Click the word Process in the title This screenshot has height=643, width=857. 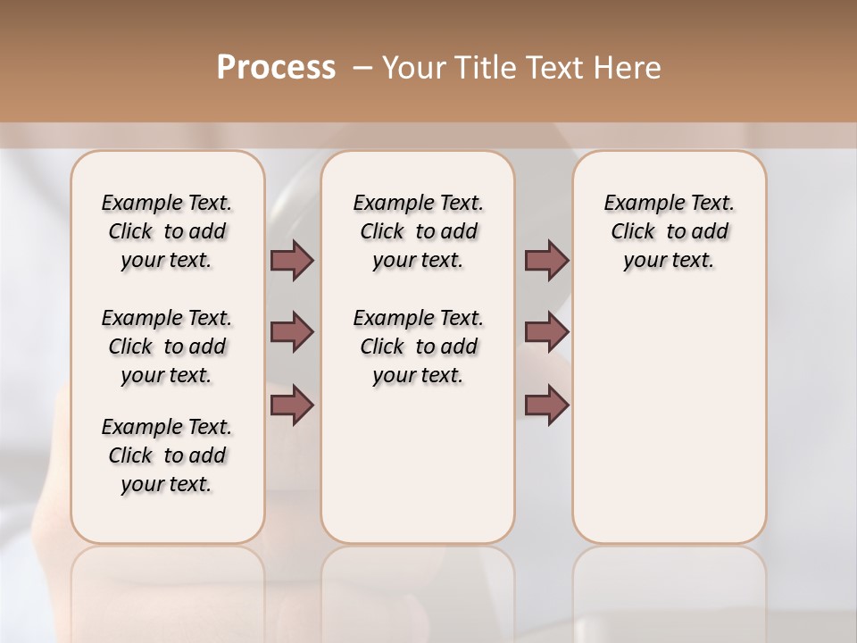pos(276,68)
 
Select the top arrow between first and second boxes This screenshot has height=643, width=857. pos(292,260)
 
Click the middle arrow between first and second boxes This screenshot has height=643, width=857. pos(292,332)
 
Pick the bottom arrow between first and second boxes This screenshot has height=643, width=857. pos(292,405)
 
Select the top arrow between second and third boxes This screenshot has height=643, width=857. pos(546,260)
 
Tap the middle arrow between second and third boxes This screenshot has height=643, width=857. pos(546,332)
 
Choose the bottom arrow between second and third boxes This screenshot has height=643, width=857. pos(546,405)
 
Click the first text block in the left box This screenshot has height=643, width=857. pos(167,231)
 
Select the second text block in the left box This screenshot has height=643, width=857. pos(167,347)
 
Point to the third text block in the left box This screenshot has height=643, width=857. pos(167,455)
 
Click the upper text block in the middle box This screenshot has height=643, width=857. pos(418,231)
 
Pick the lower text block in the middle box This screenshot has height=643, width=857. pos(418,347)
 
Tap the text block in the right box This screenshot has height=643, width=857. pos(669,231)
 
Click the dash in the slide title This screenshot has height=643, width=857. pos(362,68)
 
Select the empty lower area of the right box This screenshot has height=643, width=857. pos(669,420)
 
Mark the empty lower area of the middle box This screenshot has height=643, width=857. pos(418,464)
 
